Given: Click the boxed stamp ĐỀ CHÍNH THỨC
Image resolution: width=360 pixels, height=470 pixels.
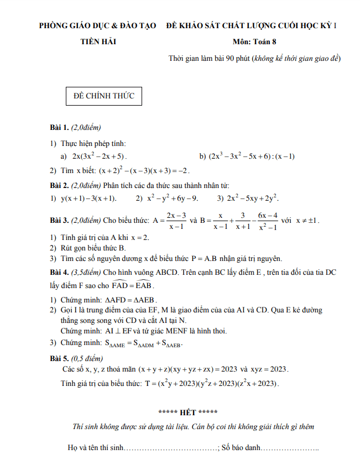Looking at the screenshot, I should tap(104, 96).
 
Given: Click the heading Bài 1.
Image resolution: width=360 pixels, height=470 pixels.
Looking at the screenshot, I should tap(59, 127).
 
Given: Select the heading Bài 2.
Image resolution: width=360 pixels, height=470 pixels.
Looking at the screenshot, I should tap(59, 185).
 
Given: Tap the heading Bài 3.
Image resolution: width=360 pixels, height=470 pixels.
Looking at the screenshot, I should tap(59, 220).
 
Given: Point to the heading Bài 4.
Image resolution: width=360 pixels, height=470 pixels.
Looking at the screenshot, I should tap(59, 272).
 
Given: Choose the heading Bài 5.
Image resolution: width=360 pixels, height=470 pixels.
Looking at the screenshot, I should tap(59, 358).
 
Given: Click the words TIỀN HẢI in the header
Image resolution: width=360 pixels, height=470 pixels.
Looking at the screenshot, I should tap(98, 41).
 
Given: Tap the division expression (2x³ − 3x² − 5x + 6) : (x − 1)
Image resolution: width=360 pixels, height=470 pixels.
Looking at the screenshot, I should tap(252, 156).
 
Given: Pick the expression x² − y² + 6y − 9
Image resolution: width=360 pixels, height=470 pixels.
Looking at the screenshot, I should tap(173, 198).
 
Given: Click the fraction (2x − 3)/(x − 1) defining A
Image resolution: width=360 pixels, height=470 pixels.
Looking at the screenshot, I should tap(176, 220).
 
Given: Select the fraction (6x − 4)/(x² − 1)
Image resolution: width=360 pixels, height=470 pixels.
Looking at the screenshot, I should tap(268, 220).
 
